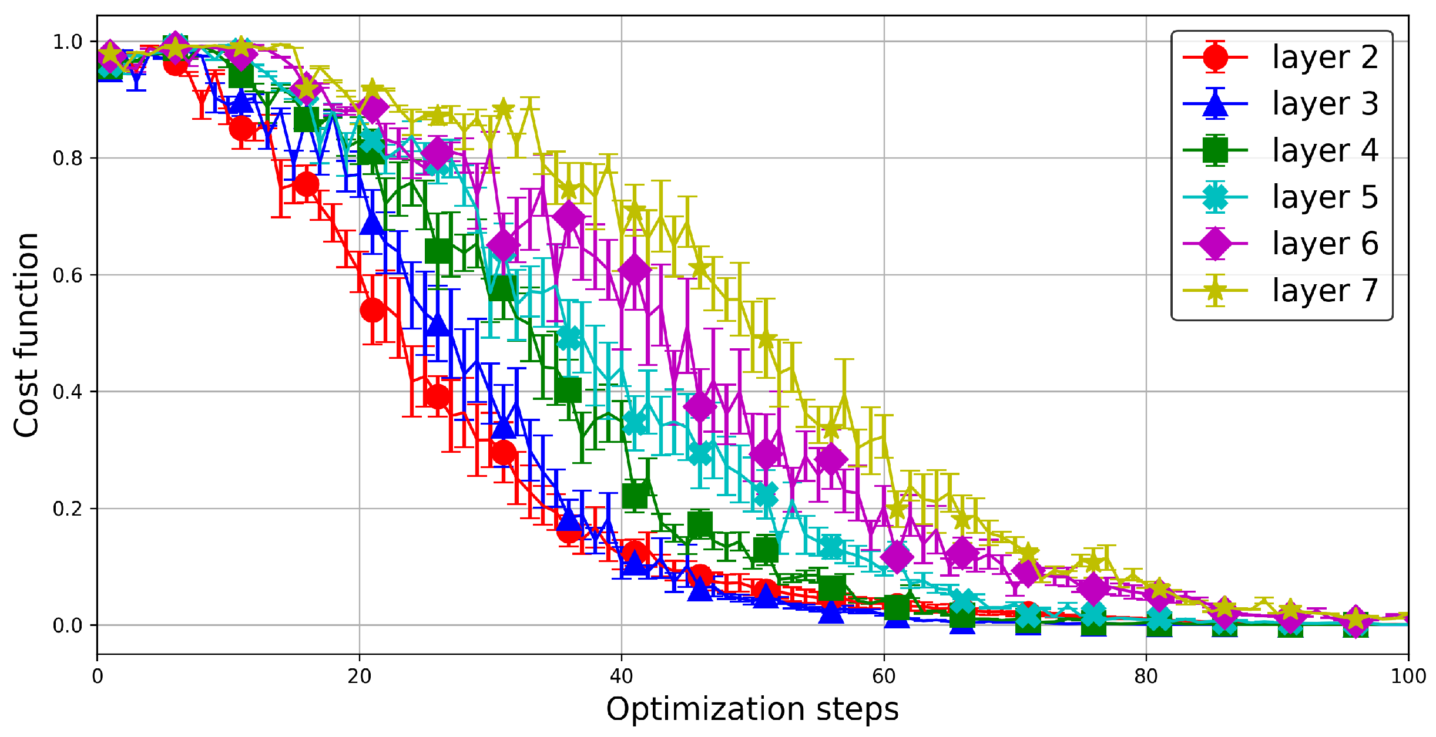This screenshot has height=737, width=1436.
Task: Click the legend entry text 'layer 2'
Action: [1325, 57]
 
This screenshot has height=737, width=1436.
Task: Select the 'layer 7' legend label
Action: [1325, 290]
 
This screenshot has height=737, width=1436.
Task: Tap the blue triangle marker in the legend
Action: [1215, 103]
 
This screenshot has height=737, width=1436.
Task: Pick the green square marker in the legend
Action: [1215, 150]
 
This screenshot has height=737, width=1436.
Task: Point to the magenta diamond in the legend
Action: [1215, 244]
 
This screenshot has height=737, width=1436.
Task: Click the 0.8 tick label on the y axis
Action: [68, 159]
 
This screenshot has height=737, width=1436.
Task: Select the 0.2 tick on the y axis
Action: [68, 509]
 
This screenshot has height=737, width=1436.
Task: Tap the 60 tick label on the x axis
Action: [884, 677]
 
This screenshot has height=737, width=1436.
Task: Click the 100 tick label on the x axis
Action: [1408, 677]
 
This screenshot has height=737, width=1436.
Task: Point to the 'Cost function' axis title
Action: [26, 335]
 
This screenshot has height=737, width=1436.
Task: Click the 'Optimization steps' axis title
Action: [752, 709]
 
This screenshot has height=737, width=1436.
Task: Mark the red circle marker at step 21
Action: [373, 309]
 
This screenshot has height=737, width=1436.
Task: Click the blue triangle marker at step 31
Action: [504, 427]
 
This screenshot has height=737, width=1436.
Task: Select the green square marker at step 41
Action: [635, 496]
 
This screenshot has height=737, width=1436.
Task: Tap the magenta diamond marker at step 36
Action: [569, 217]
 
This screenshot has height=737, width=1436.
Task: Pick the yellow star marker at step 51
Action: [766, 339]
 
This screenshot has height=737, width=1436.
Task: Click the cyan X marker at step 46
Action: [700, 453]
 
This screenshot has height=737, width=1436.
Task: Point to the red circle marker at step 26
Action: [438, 396]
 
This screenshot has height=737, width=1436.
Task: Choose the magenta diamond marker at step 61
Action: [897, 556]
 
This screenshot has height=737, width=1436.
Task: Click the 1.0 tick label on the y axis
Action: [68, 42]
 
